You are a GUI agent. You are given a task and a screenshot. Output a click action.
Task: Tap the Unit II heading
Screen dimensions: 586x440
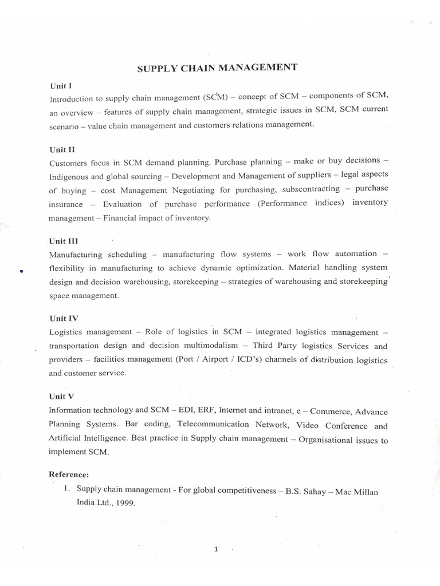pyautogui.click(x=60, y=149)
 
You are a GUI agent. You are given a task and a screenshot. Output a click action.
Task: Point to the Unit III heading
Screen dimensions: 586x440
pyautogui.click(x=62, y=241)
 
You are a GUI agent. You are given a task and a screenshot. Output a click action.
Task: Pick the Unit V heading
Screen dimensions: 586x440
pyautogui.click(x=60, y=396)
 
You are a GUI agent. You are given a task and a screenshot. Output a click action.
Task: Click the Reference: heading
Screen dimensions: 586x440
pyautogui.click(x=69, y=474)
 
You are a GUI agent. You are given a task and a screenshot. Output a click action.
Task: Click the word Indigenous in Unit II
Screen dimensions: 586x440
pyautogui.click(x=71, y=177)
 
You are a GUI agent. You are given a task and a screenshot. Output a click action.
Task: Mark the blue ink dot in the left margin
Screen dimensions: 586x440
pyautogui.click(x=20, y=272)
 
